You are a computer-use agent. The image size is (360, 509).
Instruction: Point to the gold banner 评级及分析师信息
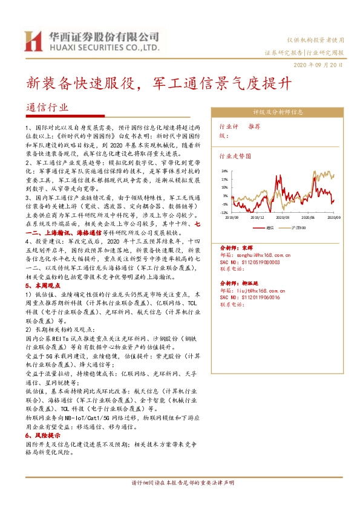coord(278,112)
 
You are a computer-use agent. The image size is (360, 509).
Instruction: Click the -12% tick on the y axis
coord(224,213)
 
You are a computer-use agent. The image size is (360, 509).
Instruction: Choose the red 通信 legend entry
coord(269,228)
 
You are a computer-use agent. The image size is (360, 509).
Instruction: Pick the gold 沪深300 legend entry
coord(299,228)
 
